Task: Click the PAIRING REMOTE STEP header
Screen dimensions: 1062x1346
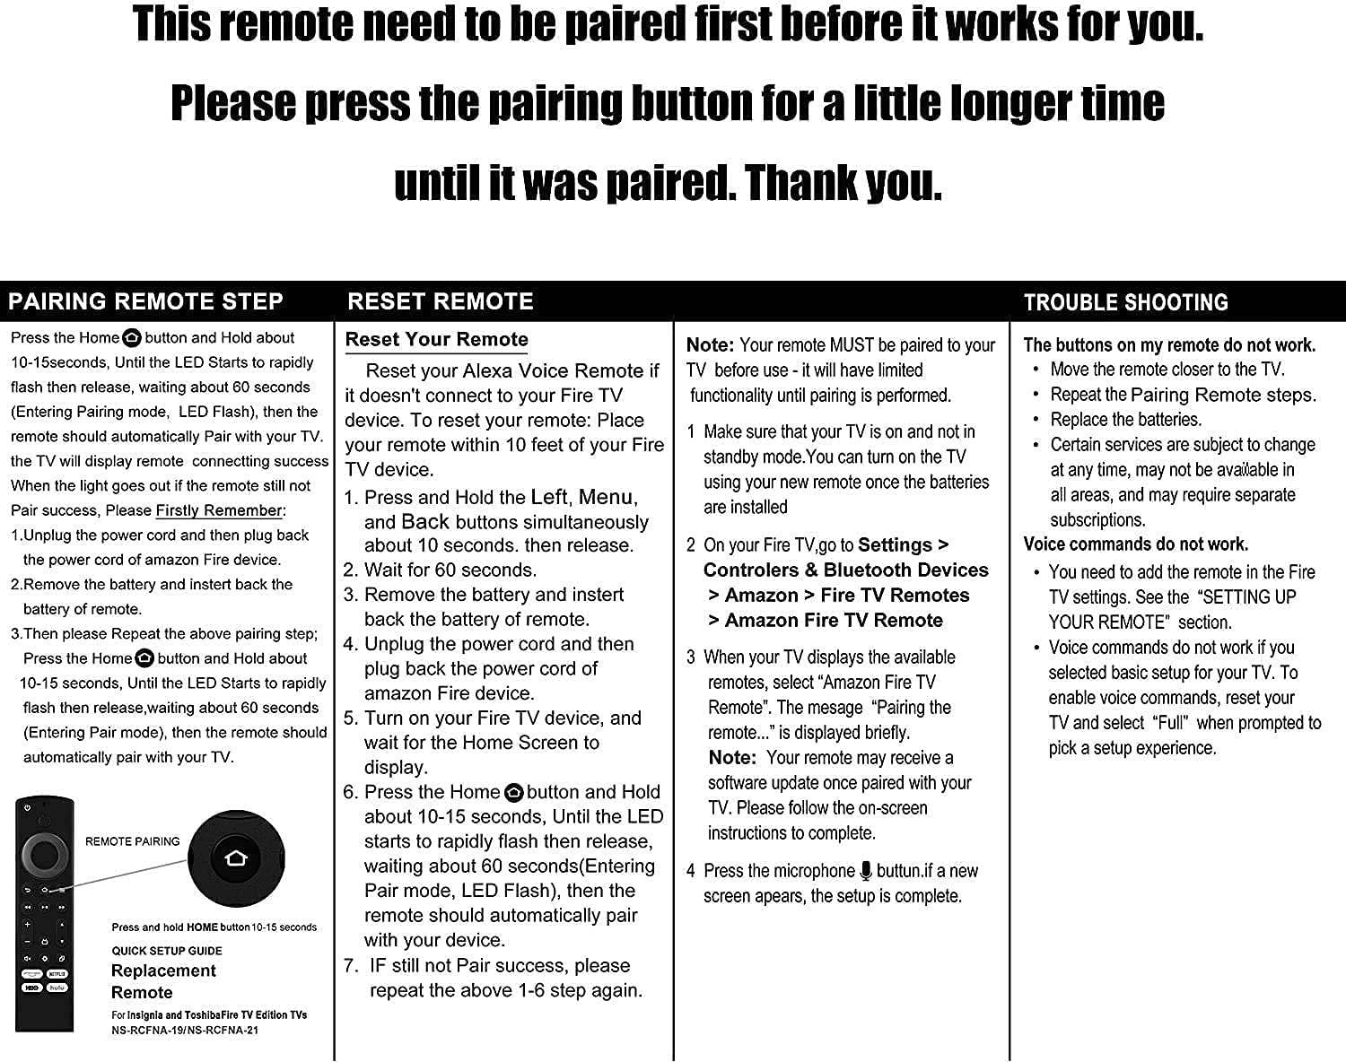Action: coord(145,301)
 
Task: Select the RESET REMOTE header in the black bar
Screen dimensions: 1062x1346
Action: coord(440,301)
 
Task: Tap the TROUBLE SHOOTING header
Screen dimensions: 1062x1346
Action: coord(1125,302)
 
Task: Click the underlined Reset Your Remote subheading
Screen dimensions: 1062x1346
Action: coord(436,339)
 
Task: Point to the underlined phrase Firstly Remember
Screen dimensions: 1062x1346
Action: coord(219,510)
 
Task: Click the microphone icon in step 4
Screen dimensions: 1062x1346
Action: coord(866,870)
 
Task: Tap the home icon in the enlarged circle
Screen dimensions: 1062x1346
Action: coord(237,858)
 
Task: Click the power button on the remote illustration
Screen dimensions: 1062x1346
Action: coord(29,808)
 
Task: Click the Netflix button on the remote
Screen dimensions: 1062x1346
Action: coord(57,973)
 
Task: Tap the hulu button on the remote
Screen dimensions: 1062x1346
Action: coord(57,988)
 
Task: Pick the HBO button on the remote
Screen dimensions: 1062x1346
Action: coord(31,988)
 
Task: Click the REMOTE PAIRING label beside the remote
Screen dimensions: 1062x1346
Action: coord(132,841)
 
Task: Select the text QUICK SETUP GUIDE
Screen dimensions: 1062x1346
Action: coord(167,951)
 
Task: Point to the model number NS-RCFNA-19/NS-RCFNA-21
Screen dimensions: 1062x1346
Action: coord(185,1031)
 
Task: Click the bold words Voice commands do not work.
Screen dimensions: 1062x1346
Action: coord(1135,544)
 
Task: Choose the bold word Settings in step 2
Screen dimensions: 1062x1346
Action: coord(895,544)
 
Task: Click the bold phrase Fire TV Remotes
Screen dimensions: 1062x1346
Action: coord(895,595)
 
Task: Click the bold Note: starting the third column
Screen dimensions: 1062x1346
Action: coord(710,344)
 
